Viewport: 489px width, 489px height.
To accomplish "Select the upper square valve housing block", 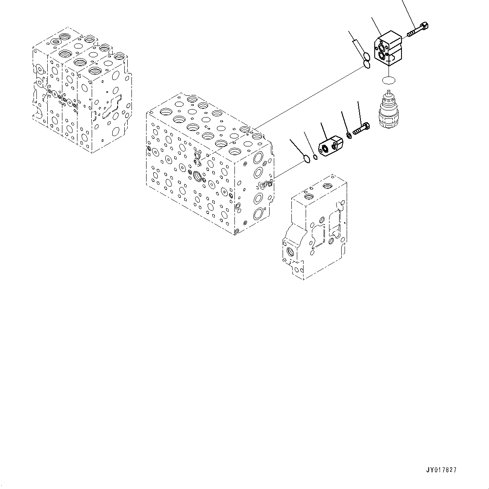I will (x=388, y=49).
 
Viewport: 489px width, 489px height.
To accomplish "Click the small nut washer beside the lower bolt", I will (x=349, y=135).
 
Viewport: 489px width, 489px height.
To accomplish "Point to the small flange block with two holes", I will (x=330, y=146).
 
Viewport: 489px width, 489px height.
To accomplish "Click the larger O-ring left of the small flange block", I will (x=307, y=159).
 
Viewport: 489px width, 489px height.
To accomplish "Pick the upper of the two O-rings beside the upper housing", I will (x=365, y=57).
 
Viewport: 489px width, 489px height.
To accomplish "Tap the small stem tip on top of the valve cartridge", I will (x=389, y=93).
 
